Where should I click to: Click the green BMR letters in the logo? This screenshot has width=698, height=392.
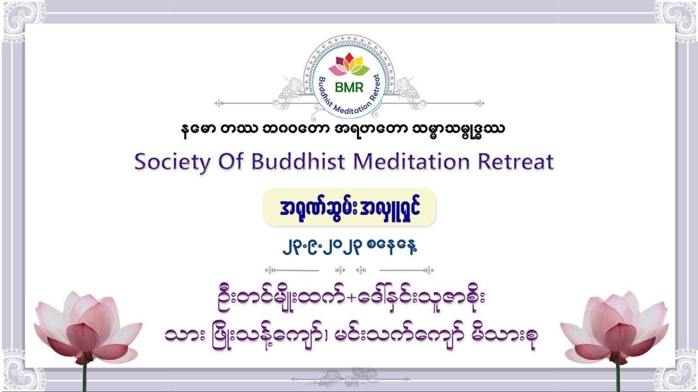349,88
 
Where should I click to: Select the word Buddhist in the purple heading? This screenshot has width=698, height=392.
298,162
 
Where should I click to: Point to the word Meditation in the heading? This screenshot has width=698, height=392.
412,162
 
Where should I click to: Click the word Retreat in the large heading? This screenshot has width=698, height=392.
516,162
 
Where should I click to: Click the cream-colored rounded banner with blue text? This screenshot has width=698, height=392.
349,207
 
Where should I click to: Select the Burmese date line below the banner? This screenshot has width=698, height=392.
349,247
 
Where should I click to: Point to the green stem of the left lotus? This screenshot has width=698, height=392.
84,377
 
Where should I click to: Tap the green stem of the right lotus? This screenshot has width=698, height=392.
619,377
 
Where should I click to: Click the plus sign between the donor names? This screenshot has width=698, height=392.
351,298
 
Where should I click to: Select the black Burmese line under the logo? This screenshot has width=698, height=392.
343,130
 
